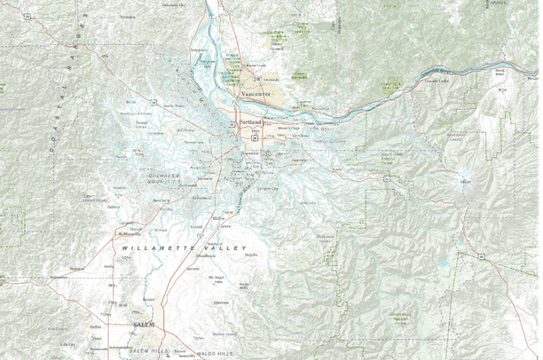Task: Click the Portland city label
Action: click(x=251, y=122)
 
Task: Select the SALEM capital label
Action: click(x=144, y=325)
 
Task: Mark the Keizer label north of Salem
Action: click(x=147, y=300)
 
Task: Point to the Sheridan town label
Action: click(x=77, y=267)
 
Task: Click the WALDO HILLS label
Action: click(x=216, y=354)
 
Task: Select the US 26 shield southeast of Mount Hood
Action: click(x=479, y=257)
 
